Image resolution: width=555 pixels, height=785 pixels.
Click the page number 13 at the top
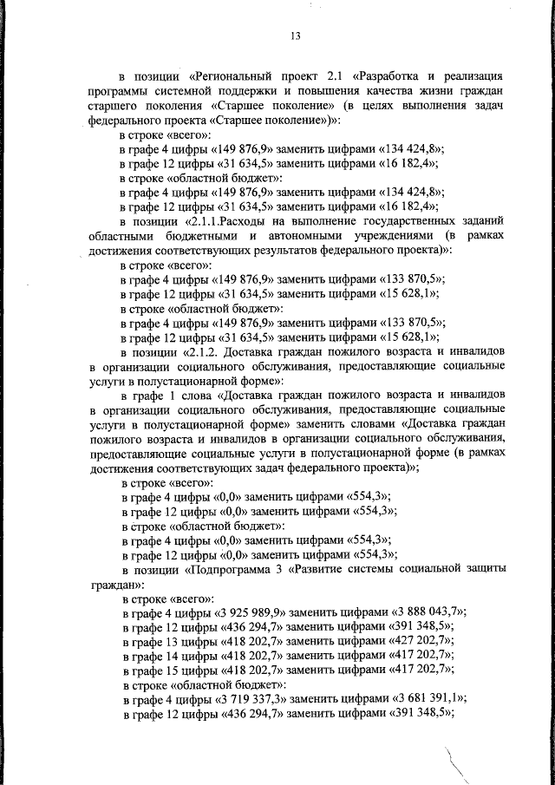[x=295, y=36]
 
